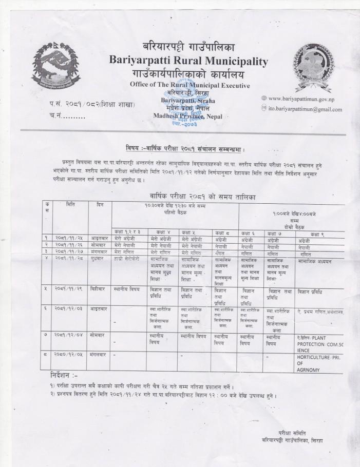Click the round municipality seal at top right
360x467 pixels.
313,60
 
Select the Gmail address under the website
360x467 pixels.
304,109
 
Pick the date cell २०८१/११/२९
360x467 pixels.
68,289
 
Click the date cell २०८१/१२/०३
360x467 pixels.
68,312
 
